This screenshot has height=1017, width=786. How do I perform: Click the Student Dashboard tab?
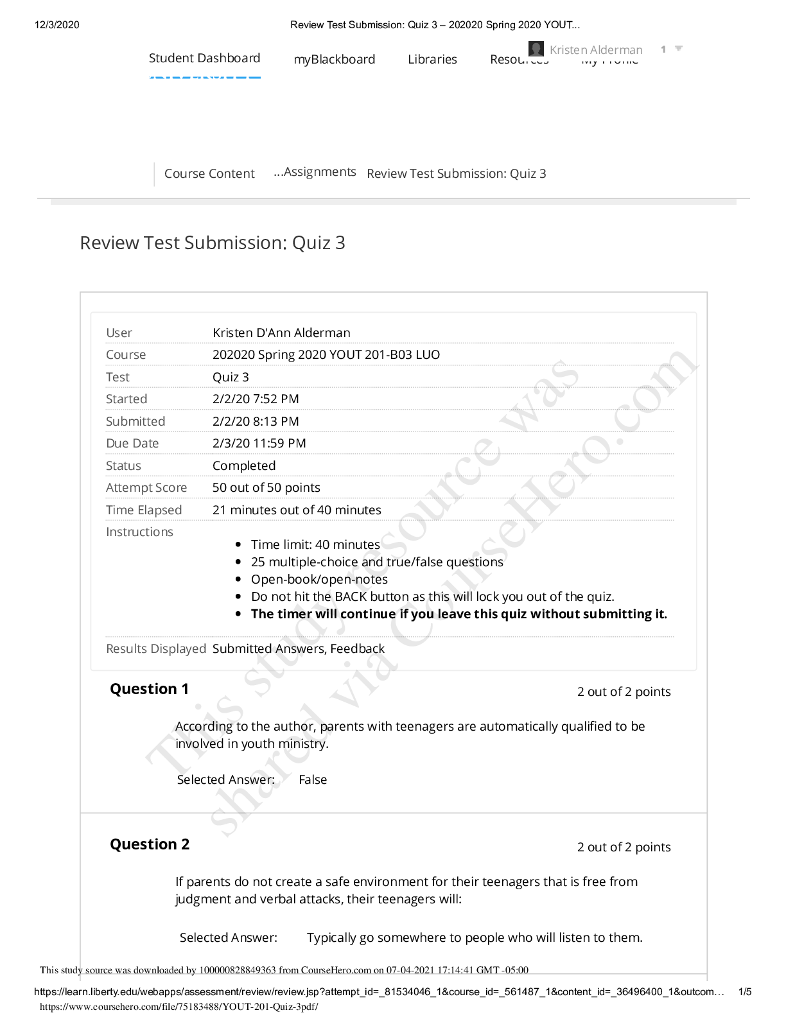tap(204, 58)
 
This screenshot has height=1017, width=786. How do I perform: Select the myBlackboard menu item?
tap(334, 60)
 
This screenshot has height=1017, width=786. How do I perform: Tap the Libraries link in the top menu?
tap(432, 60)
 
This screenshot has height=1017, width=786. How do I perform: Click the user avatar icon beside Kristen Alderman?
tap(536, 49)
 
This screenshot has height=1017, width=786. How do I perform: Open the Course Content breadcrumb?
tap(209, 174)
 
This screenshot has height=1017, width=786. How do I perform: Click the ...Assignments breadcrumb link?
tap(315, 172)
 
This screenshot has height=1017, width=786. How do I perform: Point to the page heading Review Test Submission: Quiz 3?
tap(213, 243)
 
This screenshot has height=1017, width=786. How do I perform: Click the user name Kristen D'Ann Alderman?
tap(281, 333)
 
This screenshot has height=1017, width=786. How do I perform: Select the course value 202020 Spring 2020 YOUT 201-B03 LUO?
tap(326, 355)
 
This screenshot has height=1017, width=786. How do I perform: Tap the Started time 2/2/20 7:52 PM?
tap(256, 399)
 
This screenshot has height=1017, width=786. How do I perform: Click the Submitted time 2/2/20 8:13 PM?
tap(256, 422)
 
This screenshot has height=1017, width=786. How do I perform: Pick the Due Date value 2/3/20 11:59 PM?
tap(259, 444)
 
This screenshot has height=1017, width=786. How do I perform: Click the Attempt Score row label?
tap(146, 488)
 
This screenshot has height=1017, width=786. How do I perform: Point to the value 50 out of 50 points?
tap(266, 488)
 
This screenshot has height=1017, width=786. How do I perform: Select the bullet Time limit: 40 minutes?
tap(315, 545)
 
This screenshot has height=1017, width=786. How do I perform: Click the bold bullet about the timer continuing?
tap(459, 614)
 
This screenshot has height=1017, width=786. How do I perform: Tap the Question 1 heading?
tap(150, 690)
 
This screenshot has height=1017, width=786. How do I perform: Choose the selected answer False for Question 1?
tap(313, 780)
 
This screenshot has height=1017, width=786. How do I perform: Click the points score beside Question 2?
tap(624, 847)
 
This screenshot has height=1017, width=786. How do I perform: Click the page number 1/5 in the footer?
tap(745, 992)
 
